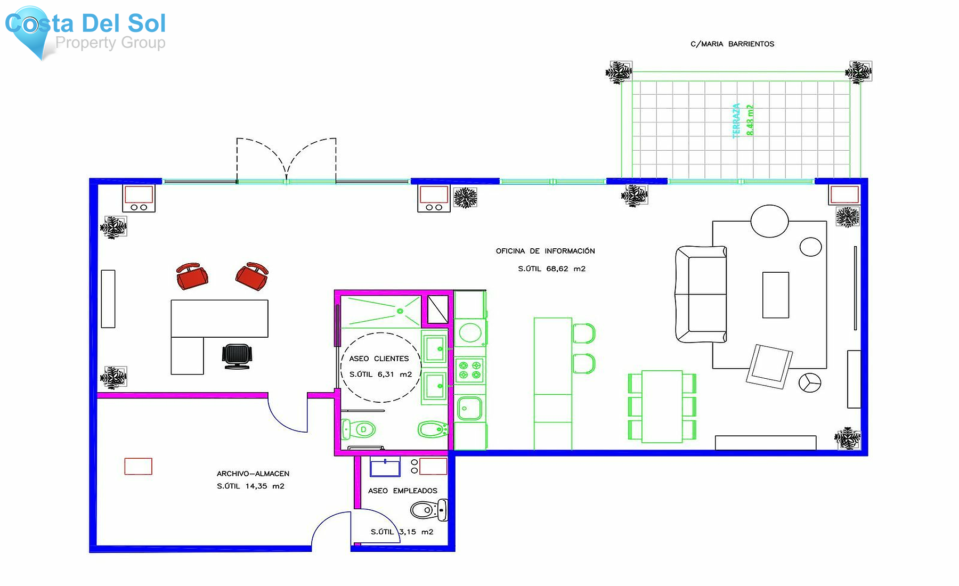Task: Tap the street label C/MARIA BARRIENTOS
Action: pos(732,44)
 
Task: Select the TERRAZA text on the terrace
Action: pos(736,121)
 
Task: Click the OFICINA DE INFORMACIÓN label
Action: pos(545,251)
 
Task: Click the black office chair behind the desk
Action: pos(237,356)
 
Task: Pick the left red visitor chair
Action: pos(192,276)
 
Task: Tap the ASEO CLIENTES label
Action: pos(379,359)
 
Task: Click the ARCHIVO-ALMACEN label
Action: pos(253,474)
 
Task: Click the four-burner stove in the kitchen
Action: pos(470,370)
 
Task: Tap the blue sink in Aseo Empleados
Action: pos(385,467)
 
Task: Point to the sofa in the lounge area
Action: pos(700,294)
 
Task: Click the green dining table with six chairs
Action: pos(662,407)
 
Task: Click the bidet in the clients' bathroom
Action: pos(432,429)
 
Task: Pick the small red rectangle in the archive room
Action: pos(138,466)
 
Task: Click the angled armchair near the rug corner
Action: pos(769,366)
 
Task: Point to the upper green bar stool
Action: pos(583,333)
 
